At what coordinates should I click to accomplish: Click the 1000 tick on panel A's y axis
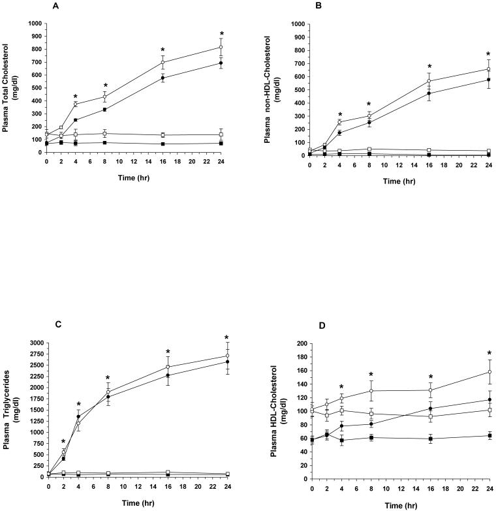tap(34, 23)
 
